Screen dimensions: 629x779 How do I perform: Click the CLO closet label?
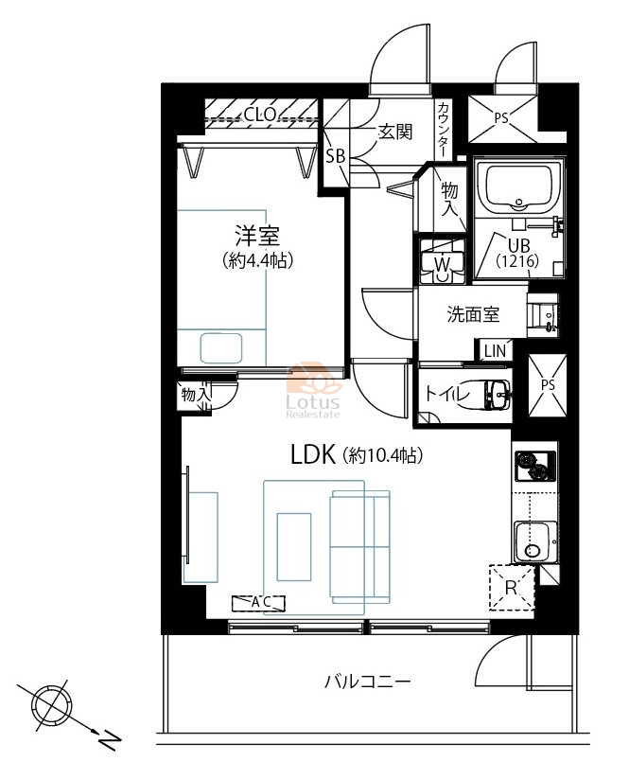pyautogui.click(x=260, y=115)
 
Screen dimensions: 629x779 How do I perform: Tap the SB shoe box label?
pyautogui.click(x=335, y=156)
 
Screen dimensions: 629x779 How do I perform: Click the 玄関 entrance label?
pyautogui.click(x=395, y=132)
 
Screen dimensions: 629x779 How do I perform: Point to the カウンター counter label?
pyautogui.click(x=444, y=130)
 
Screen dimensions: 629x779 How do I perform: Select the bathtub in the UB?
pyautogui.click(x=518, y=187)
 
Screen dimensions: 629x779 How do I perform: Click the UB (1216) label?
pyautogui.click(x=517, y=253)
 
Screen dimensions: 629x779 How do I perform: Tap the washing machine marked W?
pyautogui.click(x=442, y=261)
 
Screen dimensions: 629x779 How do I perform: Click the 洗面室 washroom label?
pyautogui.click(x=473, y=314)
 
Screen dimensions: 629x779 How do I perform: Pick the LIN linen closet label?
pyautogui.click(x=495, y=351)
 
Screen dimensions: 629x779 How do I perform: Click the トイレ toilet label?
pyautogui.click(x=446, y=394)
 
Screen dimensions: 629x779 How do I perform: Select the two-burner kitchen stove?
pyautogui.click(x=534, y=466)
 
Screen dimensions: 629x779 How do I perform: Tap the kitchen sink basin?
pyautogui.click(x=534, y=541)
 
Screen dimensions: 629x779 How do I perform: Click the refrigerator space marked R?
pyautogui.click(x=512, y=587)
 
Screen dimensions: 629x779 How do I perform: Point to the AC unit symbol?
pyautogui.click(x=258, y=603)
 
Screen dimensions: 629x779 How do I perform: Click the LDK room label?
pyautogui.click(x=313, y=454)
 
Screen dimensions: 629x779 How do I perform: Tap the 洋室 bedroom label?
pyautogui.click(x=257, y=236)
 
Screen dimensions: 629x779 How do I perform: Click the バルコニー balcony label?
pyautogui.click(x=368, y=681)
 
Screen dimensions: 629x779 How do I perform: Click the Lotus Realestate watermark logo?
pyautogui.click(x=313, y=391)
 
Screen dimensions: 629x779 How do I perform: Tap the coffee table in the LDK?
pyautogui.click(x=294, y=546)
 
